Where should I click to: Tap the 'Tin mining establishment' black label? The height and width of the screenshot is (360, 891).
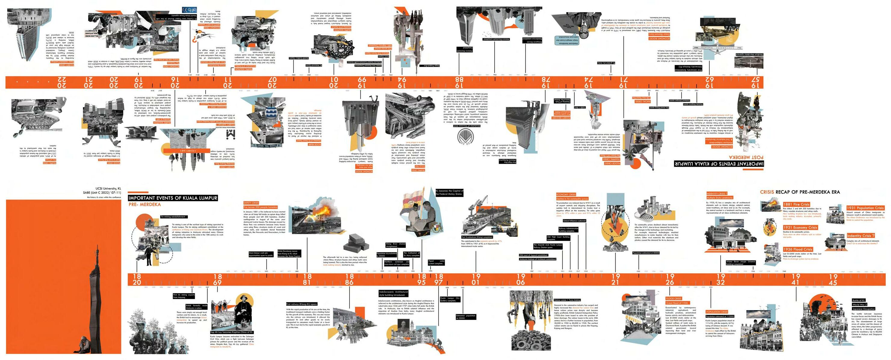pos(173,217)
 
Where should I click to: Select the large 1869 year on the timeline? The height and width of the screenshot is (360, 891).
pos(218,279)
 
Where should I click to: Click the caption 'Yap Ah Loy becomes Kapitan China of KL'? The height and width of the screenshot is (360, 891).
pos(232,332)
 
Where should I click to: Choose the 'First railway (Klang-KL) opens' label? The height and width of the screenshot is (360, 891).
pos(302,304)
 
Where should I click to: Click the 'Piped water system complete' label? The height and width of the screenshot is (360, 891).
pos(436,262)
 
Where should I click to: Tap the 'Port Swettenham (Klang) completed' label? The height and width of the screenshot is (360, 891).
pos(477,237)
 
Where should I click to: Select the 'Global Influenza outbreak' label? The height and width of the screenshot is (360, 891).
pos(574,221)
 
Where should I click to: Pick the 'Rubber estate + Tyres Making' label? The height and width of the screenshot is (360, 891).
pos(568,300)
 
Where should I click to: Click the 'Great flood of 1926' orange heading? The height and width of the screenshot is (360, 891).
pos(677,303)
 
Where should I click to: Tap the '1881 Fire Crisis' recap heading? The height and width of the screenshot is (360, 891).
pos(796,204)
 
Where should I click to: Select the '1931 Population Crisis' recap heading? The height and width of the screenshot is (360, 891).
pos(865,208)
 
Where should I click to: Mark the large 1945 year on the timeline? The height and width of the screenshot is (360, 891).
pos(833,279)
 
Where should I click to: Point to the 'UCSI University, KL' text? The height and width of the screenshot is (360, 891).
pos(108,189)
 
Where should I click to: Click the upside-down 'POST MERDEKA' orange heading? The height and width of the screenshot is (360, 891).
pos(746,157)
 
